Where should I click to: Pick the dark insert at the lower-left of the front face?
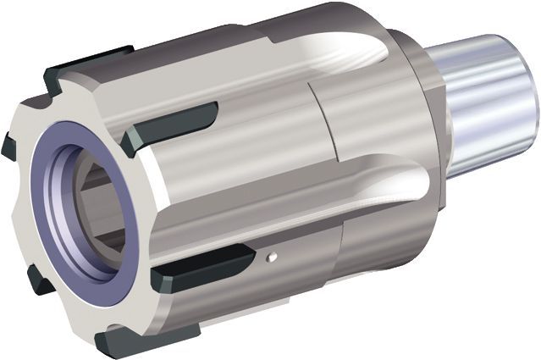[38, 280]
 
